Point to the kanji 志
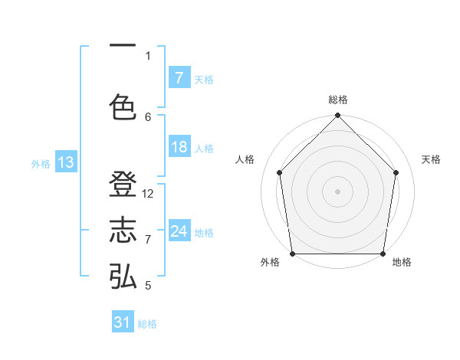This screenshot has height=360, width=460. tap(123, 231)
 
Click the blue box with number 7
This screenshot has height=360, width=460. tap(179, 77)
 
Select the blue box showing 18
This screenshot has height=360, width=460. tap(179, 147)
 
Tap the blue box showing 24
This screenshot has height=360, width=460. tap(179, 231)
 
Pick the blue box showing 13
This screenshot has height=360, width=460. tap(65, 162)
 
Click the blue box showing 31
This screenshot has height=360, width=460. tap(123, 322)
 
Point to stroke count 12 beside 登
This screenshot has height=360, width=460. tap(149, 194)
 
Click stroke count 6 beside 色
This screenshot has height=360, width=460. tap(148, 116)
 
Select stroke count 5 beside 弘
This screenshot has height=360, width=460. tap(148, 286)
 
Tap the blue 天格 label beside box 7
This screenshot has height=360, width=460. tap(204, 79)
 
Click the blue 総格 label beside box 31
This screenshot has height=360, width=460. tap(147, 324)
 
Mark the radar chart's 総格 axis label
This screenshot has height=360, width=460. tap(337, 100)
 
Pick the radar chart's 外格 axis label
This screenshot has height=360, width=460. tap(270, 263)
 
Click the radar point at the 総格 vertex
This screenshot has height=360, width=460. tap(337, 116)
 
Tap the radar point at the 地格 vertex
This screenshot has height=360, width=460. tap(383, 254)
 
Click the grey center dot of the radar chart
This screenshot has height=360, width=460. tap(337, 191)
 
